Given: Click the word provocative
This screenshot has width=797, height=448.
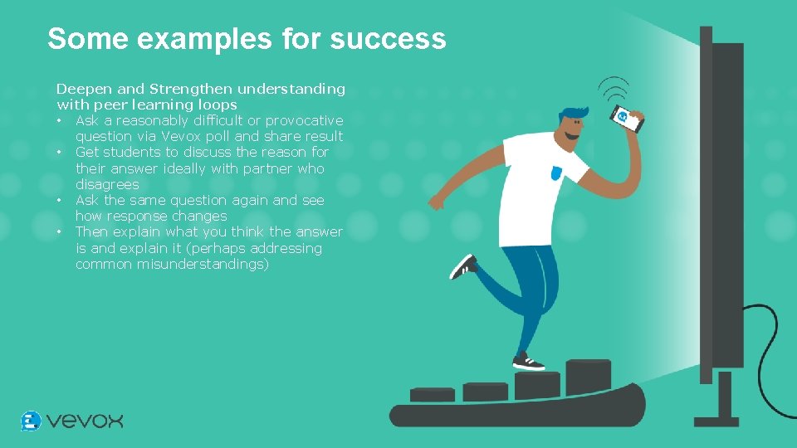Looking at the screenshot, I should click(304, 120).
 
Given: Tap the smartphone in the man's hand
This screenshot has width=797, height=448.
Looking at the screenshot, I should click(627, 119).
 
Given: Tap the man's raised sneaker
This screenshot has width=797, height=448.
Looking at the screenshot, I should click(462, 266).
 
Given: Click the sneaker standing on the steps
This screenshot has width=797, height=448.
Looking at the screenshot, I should click(528, 362).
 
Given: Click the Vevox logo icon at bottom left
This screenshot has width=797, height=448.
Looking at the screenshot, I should click(31, 421).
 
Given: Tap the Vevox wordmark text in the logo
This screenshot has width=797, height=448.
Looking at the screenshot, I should click(85, 421).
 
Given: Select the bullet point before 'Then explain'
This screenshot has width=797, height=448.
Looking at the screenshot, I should click(61, 232).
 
